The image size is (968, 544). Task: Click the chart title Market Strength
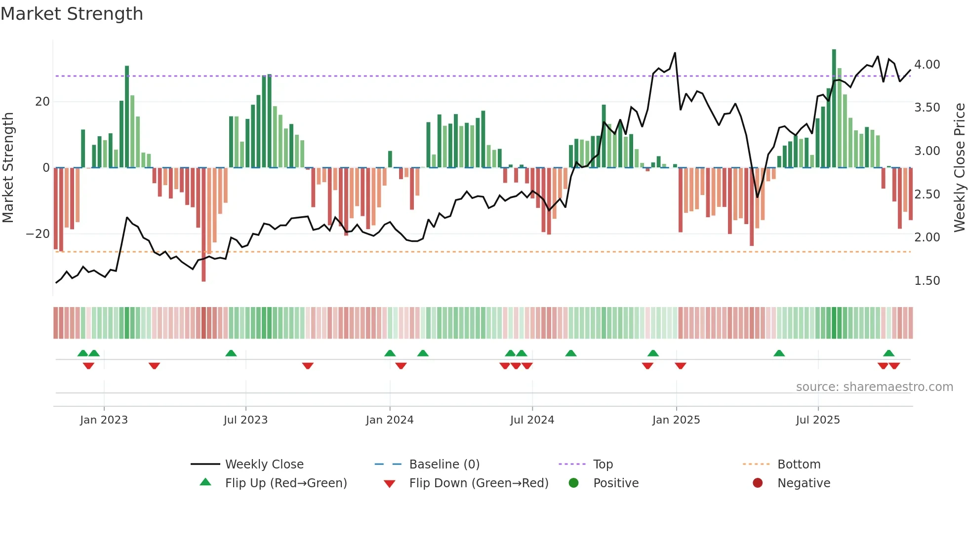[72, 14]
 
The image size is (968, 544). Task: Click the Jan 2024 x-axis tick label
[389, 420]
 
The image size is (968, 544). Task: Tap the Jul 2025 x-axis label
[817, 420]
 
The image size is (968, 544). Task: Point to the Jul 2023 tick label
[245, 420]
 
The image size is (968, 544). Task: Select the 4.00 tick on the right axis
[927, 65]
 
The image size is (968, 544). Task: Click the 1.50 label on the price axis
[927, 281]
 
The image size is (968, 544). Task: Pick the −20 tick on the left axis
[38, 234]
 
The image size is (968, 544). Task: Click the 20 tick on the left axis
[42, 102]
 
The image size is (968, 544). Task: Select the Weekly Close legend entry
[264, 465]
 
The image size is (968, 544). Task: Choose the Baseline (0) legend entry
[444, 465]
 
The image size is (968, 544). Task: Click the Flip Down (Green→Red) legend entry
[478, 483]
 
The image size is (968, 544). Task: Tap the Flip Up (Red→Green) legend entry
[285, 483]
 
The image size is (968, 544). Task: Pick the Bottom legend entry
[798, 465]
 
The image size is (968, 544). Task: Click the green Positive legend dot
[573, 483]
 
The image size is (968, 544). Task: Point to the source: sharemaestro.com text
[874, 387]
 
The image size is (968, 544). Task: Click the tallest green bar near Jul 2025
[834, 109]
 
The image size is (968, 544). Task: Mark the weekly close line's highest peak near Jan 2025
[675, 53]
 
